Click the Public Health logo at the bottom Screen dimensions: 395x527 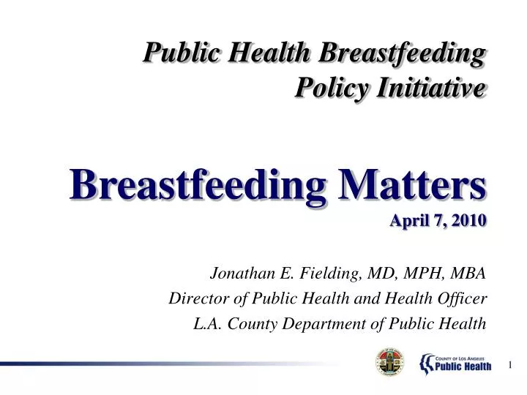coord(455,361)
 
